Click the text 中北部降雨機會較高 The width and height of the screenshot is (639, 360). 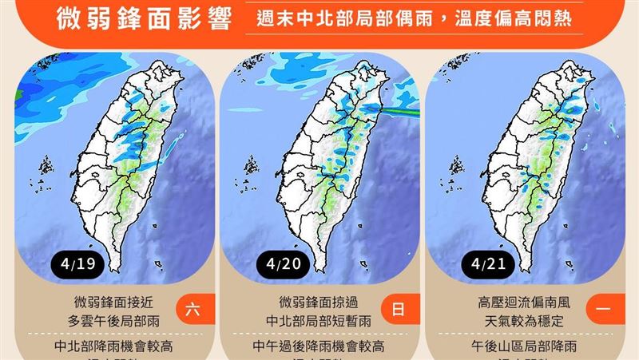pyautogui.click(x=114, y=346)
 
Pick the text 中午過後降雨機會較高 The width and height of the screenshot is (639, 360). pyautogui.click(x=319, y=346)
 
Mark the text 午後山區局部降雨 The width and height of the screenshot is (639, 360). pyautogui.click(x=523, y=346)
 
